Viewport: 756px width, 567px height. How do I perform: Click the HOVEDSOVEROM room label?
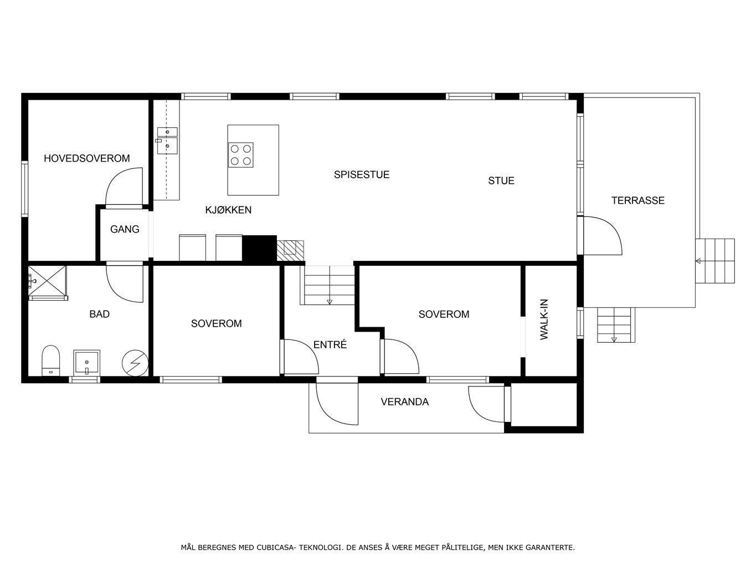(x=87, y=158)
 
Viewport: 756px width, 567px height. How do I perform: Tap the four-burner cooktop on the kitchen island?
(x=241, y=155)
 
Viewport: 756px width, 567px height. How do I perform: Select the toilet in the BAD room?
(x=50, y=360)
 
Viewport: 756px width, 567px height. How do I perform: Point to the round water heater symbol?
(x=135, y=363)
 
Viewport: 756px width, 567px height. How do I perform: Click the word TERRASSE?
(x=638, y=200)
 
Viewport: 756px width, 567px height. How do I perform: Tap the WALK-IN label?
(x=544, y=319)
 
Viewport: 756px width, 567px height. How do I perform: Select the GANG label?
(x=125, y=229)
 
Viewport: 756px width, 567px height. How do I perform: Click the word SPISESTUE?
(x=362, y=174)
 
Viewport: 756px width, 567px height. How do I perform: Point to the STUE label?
(x=501, y=181)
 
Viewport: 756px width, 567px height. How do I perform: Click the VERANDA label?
(x=405, y=402)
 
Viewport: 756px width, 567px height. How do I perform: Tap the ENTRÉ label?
(x=330, y=344)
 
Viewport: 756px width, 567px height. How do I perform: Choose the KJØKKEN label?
(x=228, y=210)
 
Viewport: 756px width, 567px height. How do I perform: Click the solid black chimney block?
(x=260, y=248)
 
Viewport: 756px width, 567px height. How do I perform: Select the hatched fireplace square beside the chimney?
(x=290, y=251)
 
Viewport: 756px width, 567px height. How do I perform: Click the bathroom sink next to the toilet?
(x=87, y=363)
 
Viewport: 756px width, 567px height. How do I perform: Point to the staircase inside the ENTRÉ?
(x=327, y=285)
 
